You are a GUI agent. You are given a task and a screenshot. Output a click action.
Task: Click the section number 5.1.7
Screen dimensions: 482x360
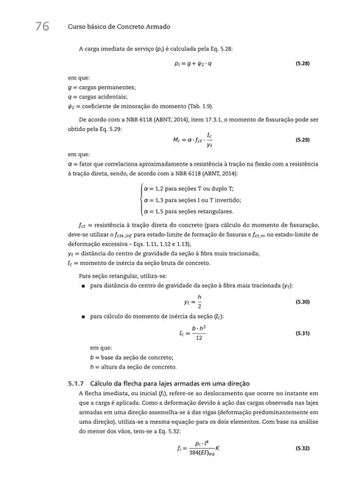click(x=76, y=384)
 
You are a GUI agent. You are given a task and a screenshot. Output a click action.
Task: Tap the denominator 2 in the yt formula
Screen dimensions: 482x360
click(x=200, y=308)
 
